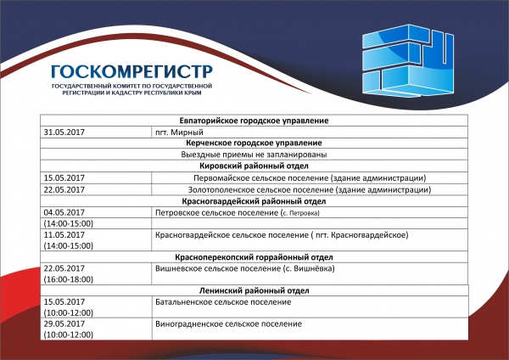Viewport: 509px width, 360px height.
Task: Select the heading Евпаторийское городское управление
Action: (x=255, y=121)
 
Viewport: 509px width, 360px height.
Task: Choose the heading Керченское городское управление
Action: (x=255, y=143)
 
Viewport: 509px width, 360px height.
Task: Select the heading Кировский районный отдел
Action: (x=255, y=166)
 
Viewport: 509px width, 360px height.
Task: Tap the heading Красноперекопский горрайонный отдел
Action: (x=255, y=256)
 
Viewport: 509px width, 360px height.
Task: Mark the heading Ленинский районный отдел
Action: (x=255, y=290)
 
